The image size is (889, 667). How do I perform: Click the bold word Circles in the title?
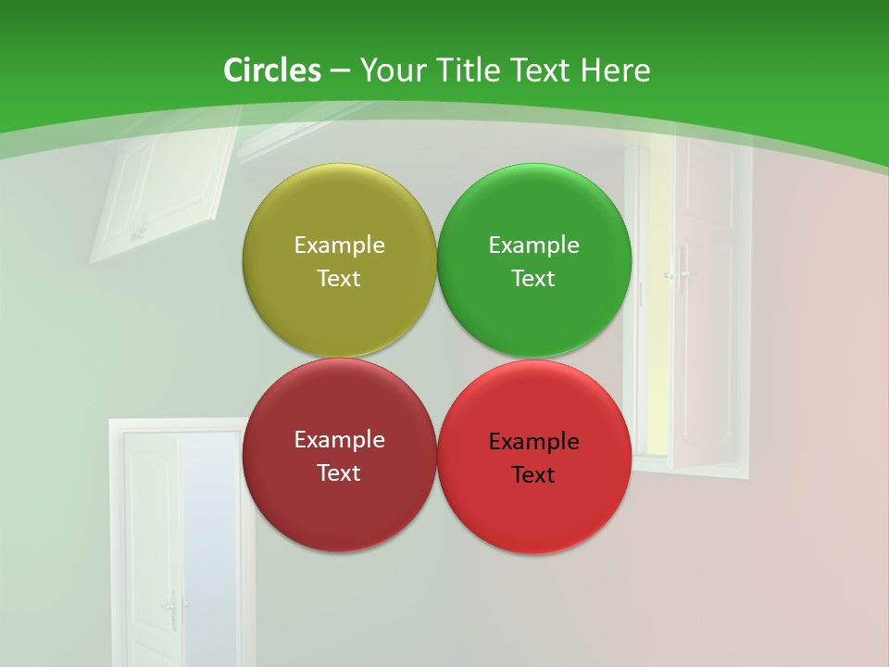[x=272, y=70]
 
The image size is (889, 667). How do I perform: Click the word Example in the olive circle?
[x=339, y=245]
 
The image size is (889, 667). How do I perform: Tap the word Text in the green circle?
[x=533, y=279]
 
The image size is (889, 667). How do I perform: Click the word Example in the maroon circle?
[x=339, y=440]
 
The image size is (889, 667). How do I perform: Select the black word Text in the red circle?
[x=533, y=475]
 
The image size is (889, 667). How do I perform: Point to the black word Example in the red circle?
[x=533, y=442]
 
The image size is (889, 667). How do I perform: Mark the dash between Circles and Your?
[x=340, y=71]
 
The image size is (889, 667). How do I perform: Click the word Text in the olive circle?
[x=339, y=279]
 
